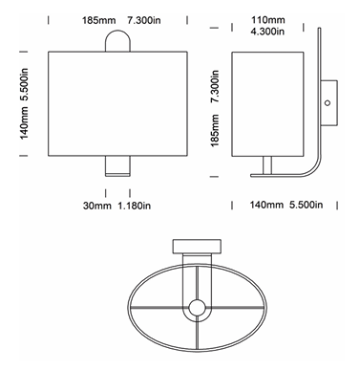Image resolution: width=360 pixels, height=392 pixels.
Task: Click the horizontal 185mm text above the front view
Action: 98,19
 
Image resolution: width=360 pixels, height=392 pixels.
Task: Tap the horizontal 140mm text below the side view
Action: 265,205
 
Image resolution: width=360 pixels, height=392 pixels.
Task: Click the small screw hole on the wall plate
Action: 328,101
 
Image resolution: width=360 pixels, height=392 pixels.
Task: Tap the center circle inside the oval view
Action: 198,309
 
